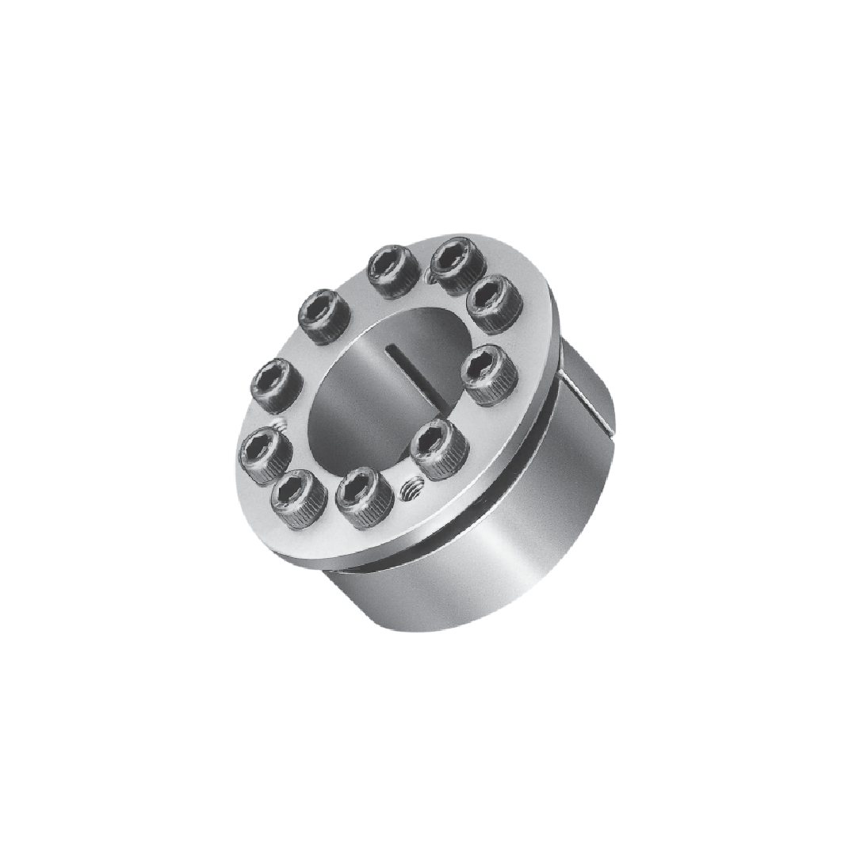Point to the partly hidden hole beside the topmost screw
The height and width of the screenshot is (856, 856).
[429, 275]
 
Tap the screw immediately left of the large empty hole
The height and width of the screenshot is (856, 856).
[364, 497]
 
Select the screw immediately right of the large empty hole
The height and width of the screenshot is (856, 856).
[440, 448]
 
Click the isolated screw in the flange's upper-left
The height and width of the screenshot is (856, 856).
[325, 315]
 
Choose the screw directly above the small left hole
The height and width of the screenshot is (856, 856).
[276, 384]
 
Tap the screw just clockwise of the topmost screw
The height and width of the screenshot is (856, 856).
[493, 304]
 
